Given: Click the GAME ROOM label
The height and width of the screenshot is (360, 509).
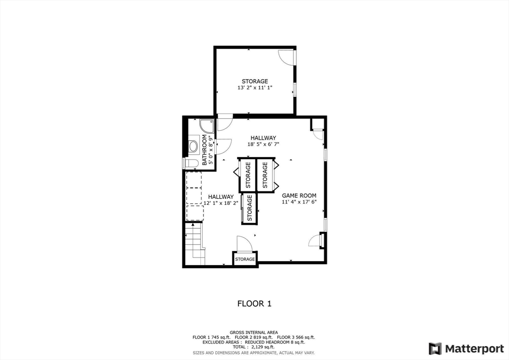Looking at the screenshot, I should click(299, 195).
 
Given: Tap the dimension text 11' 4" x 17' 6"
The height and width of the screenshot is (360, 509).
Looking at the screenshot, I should click(299, 202).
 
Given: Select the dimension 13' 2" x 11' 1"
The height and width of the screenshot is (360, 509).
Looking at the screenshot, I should click(255, 88).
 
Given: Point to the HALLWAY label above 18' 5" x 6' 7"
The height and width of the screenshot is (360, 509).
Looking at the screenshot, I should click(263, 138).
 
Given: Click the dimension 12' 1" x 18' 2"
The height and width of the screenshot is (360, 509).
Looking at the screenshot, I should click(221, 203).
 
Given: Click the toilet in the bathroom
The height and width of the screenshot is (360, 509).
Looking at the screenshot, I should click(192, 163).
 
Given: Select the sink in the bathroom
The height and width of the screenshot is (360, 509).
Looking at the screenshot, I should click(193, 146).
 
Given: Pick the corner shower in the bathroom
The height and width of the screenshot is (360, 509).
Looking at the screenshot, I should click(206, 125).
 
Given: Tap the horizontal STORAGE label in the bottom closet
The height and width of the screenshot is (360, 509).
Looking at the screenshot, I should click(245, 259).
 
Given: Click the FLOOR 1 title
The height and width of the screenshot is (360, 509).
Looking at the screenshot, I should click(254, 303).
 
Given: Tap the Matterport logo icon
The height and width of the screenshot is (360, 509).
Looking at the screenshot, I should click(435, 348).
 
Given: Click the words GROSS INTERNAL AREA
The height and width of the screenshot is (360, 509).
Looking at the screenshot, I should click(254, 332).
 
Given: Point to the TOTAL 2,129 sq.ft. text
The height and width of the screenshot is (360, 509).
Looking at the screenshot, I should click(254, 347).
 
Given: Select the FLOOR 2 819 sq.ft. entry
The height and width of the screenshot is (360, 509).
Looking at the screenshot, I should click(255, 337).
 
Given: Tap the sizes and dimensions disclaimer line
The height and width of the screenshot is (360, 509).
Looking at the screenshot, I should click(254, 353).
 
